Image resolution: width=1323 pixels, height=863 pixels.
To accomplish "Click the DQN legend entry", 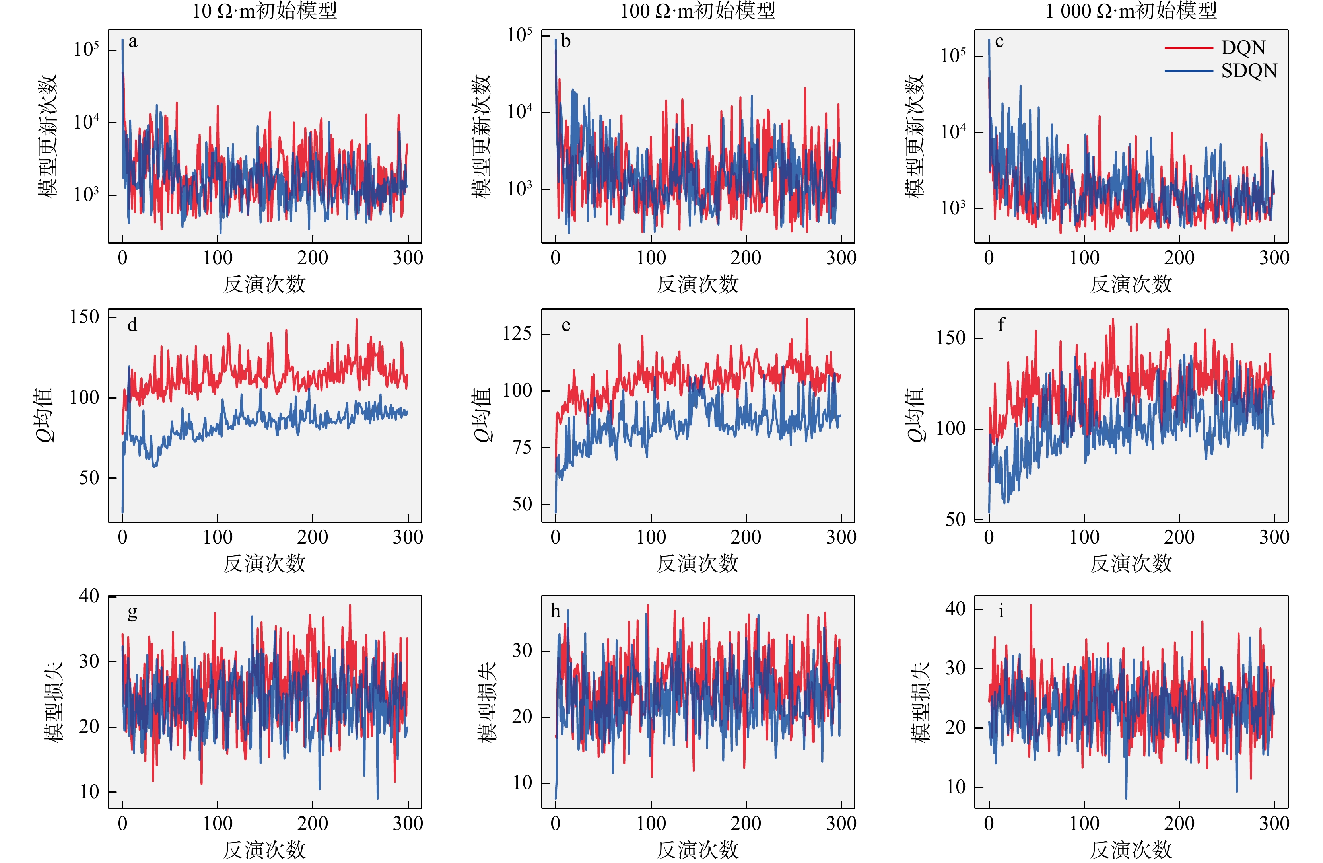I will coord(1243,48).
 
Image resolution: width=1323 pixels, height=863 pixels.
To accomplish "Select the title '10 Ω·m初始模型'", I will coord(264,11).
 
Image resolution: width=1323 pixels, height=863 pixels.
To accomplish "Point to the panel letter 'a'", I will coord(133,42).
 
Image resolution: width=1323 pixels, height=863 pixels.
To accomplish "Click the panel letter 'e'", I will coord(566,325).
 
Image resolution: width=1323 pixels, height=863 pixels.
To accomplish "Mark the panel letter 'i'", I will coord(1001,611).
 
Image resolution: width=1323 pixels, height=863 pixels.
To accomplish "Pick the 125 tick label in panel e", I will coord(517,334).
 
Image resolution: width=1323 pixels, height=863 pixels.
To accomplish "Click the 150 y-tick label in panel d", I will coord(84,317).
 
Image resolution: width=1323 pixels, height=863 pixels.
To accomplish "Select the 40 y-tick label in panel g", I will coord(89,596).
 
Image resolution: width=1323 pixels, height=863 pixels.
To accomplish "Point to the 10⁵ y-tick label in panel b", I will coord(519,35).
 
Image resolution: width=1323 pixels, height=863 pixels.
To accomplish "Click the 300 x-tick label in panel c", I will coord(1274,258).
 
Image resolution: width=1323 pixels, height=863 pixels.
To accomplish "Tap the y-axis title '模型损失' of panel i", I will coord(920,702).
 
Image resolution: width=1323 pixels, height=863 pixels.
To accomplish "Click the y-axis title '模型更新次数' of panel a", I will coord(48,136).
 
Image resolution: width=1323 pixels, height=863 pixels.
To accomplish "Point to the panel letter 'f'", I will coord(1001,324).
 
